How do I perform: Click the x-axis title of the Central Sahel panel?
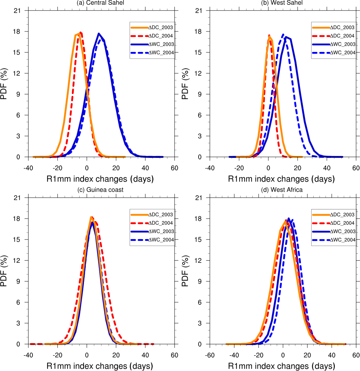100,179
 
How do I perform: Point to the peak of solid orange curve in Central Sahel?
78,34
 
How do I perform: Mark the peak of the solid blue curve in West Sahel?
286,37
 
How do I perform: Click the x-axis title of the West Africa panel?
282,366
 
